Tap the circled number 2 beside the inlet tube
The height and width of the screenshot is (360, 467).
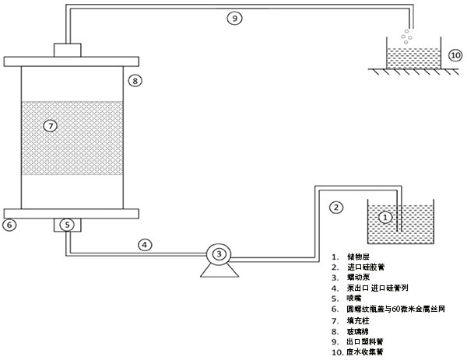click(x=336, y=207)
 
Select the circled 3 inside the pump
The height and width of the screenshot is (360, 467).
click(x=219, y=253)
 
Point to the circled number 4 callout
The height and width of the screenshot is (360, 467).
click(x=144, y=244)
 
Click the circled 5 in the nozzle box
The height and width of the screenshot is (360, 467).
click(x=68, y=225)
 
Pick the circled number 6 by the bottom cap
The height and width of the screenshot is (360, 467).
click(x=10, y=225)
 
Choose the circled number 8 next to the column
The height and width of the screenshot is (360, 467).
click(x=135, y=80)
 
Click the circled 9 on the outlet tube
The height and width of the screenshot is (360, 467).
click(x=234, y=19)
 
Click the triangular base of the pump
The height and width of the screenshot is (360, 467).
click(x=219, y=270)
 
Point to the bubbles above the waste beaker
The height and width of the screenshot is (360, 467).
click(x=406, y=35)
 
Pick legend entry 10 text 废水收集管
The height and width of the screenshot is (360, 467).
click(x=366, y=351)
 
